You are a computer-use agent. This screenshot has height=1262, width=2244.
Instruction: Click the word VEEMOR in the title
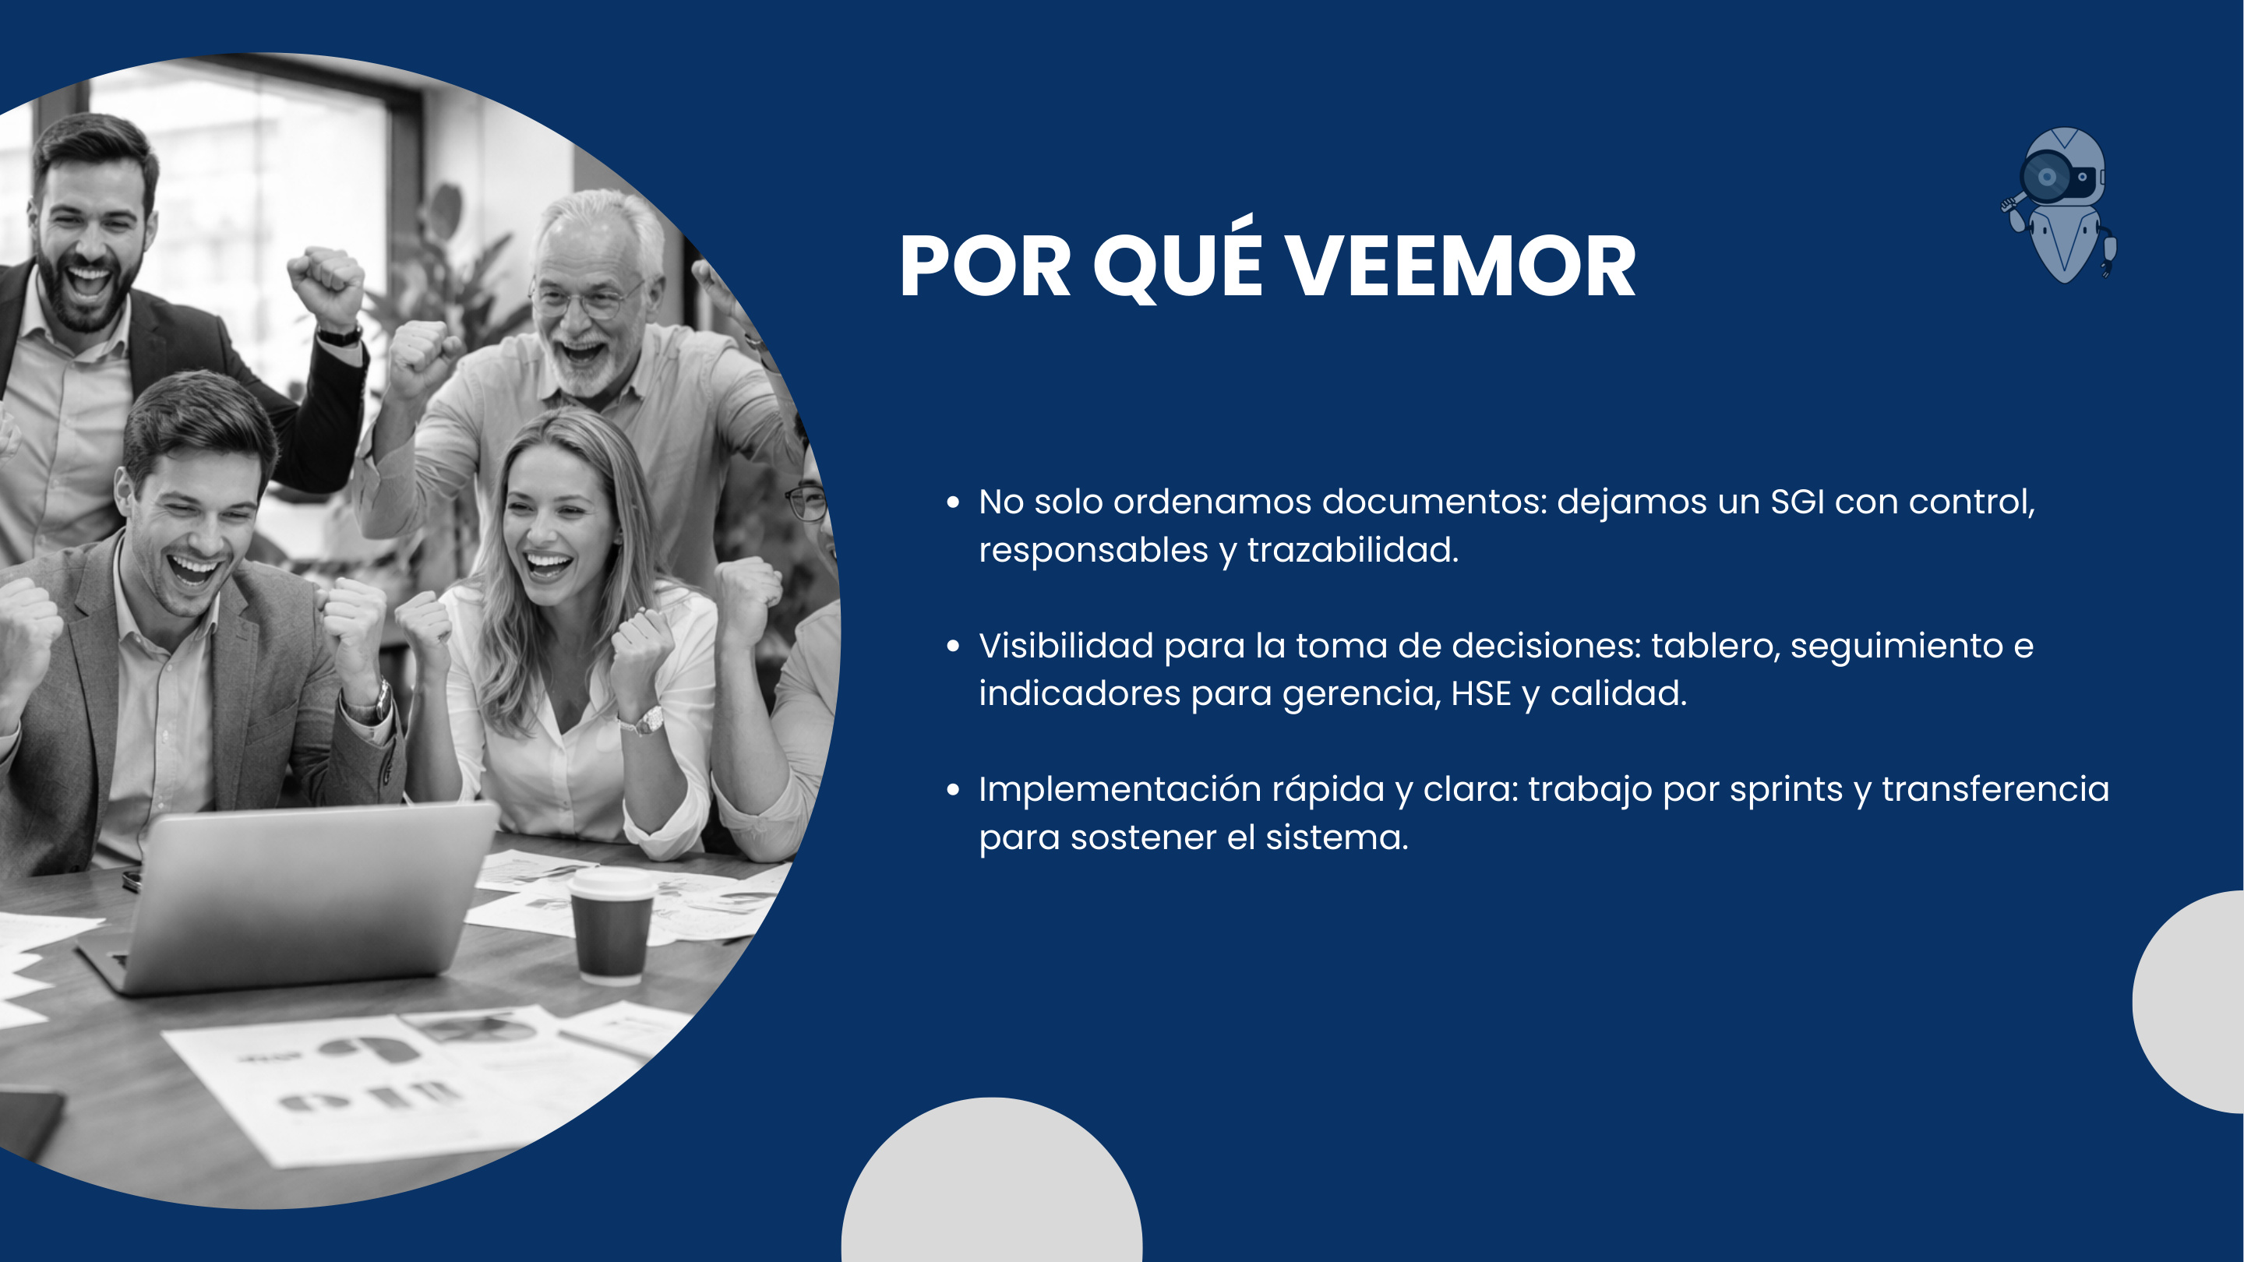(1461, 267)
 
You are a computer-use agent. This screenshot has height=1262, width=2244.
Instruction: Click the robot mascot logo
(2061, 206)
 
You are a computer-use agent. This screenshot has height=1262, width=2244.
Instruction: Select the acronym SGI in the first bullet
(1797, 502)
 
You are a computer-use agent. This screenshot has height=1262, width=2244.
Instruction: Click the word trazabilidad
(1352, 551)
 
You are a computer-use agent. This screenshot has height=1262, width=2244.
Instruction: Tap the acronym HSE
(1481, 693)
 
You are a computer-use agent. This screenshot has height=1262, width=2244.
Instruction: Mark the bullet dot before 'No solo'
(953, 502)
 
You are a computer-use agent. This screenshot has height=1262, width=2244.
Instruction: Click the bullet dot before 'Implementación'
(953, 790)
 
